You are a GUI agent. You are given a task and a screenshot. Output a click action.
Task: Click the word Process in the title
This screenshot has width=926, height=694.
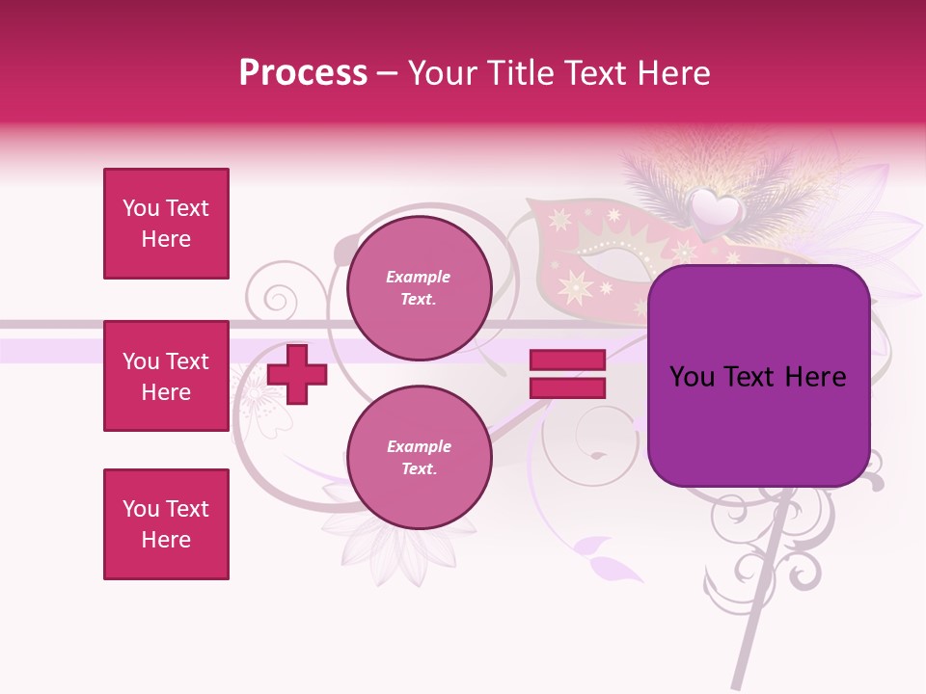coord(303,73)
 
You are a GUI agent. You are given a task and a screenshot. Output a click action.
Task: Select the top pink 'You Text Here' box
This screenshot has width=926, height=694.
coord(166,224)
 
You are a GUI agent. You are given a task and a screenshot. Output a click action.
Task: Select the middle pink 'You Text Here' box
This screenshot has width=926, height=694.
coord(166,376)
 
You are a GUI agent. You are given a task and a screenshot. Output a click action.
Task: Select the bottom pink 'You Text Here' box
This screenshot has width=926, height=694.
coord(166,523)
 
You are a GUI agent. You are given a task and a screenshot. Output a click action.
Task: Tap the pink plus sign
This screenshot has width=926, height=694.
coord(297,374)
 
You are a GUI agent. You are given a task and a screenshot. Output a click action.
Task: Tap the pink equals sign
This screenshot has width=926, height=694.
coord(567,374)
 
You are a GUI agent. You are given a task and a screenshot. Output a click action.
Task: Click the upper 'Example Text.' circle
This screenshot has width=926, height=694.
coord(419,287)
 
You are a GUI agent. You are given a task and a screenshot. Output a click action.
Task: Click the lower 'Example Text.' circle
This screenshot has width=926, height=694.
coord(419,457)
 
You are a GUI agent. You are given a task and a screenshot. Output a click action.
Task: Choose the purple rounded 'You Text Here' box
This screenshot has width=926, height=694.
coord(758,376)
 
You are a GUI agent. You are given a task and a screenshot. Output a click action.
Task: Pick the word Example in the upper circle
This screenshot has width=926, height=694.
coord(419,277)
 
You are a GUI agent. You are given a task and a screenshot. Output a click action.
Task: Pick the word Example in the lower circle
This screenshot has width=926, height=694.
coord(419,446)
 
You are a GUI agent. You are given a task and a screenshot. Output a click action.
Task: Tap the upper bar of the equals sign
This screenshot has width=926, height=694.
coord(567,360)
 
